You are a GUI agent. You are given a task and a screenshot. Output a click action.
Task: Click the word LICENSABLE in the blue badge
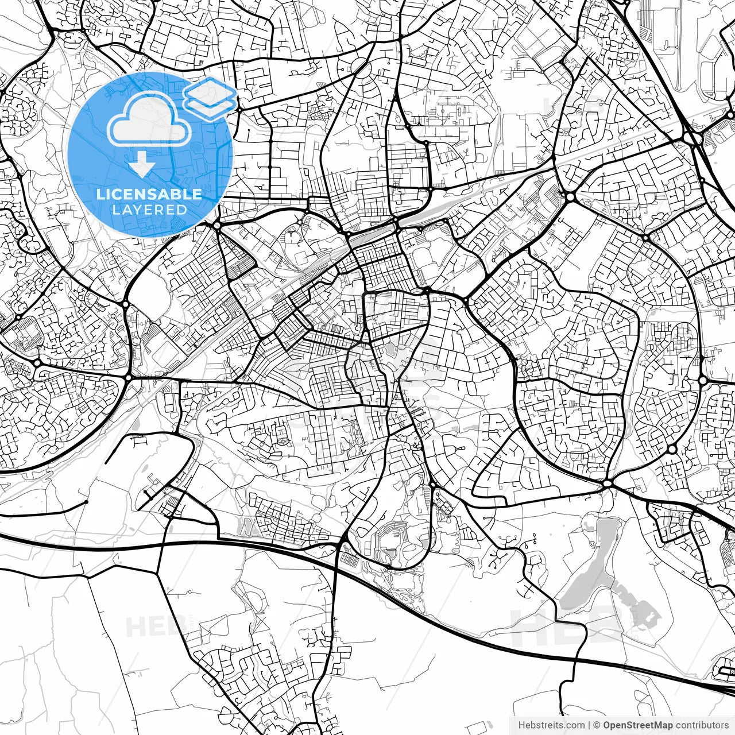(x=149, y=194)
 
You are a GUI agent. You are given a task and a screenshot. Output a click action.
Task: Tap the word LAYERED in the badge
(x=149, y=210)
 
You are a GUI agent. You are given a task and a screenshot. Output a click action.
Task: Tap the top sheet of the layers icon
(x=210, y=91)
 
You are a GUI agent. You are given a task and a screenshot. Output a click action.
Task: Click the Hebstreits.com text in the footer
(x=551, y=725)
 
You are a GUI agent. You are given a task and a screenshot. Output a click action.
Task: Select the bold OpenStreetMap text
(x=637, y=725)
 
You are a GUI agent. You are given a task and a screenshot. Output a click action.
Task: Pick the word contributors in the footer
(x=701, y=725)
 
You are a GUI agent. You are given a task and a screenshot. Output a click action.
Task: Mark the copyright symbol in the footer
(x=597, y=725)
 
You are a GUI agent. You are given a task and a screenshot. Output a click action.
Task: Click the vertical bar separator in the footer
(x=590, y=725)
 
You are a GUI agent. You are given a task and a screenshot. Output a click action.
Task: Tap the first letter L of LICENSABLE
(x=100, y=194)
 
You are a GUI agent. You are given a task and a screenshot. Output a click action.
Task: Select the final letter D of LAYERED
(x=182, y=210)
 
